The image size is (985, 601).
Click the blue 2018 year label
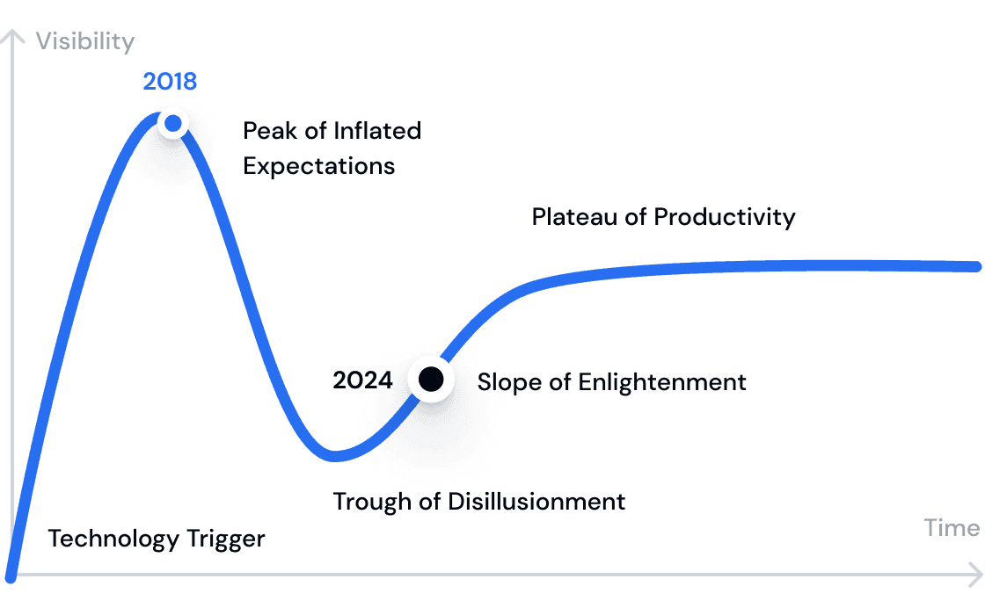click(170, 82)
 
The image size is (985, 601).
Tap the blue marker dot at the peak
click(172, 123)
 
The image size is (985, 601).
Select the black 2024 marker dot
click(431, 379)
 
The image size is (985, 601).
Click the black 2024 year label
click(362, 380)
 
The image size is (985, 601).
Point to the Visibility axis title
click(84, 41)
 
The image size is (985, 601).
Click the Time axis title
click(951, 528)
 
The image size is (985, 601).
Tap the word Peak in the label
click(270, 131)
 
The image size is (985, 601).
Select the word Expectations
click(319, 166)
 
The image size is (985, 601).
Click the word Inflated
click(377, 131)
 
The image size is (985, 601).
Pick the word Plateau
click(575, 216)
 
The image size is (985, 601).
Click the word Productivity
click(725, 217)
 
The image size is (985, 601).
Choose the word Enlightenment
click(662, 382)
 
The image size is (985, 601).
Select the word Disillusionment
click(536, 502)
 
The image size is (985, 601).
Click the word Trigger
click(226, 539)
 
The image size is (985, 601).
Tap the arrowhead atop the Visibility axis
click(12, 36)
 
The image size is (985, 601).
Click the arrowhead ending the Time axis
click(977, 575)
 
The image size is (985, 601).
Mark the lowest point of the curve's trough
click(335, 456)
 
